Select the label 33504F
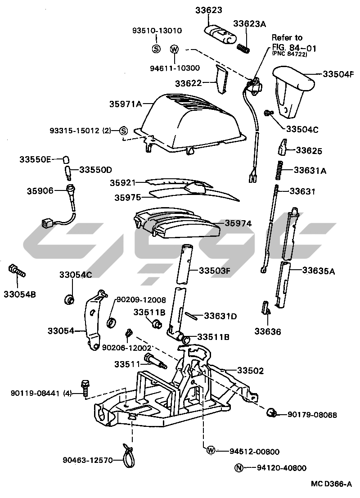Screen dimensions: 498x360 338,74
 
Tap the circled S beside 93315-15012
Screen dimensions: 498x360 124,131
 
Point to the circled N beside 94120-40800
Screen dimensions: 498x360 238,468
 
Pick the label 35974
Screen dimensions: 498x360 238,223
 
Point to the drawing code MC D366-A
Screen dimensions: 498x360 331,484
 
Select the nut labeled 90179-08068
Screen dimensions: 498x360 272,412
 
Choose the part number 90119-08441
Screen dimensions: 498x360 36,393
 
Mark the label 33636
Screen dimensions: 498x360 267,332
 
